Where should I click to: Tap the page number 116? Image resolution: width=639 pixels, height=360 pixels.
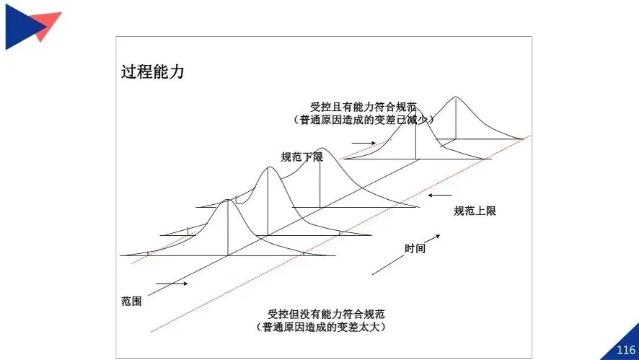click(x=625, y=350)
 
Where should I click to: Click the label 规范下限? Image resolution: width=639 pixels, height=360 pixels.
click(x=301, y=157)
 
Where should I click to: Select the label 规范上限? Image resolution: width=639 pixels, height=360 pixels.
click(x=475, y=211)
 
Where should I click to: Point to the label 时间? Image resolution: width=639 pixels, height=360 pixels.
click(x=415, y=248)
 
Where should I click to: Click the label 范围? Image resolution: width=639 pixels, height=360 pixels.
click(x=131, y=301)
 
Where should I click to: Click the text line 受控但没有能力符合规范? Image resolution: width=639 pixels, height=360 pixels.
click(x=325, y=314)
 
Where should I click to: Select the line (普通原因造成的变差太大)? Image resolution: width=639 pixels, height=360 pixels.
click(x=325, y=328)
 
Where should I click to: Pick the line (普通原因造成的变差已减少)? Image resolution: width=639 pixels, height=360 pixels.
click(x=363, y=120)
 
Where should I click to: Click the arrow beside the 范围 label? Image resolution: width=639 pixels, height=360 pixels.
click(x=171, y=284)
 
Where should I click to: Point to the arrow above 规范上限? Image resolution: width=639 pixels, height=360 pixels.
click(x=439, y=195)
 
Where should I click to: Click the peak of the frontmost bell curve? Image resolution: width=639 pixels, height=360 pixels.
click(x=228, y=200)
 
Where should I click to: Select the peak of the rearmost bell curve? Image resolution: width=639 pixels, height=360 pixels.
click(x=455, y=97)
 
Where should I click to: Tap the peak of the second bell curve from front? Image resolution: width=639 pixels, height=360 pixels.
click(x=268, y=167)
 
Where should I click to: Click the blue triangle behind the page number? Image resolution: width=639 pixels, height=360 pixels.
click(x=624, y=343)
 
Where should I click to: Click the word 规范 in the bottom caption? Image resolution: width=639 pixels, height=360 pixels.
click(x=374, y=314)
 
